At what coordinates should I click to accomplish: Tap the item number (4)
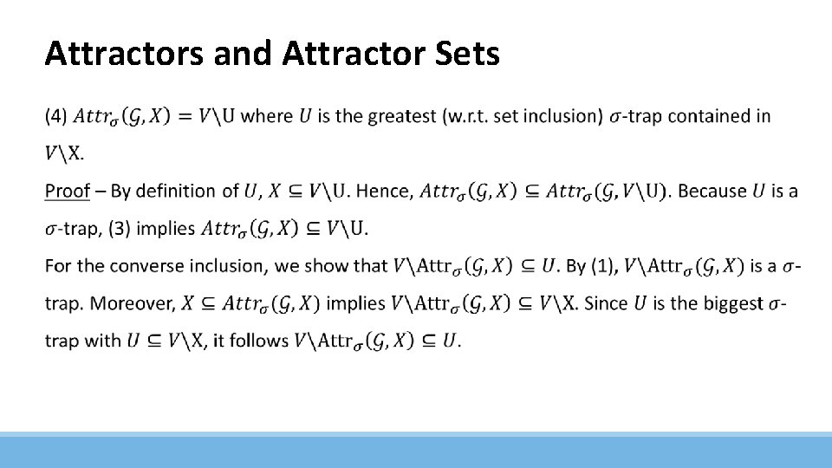[55, 116]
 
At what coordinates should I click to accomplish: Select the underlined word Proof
[68, 191]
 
